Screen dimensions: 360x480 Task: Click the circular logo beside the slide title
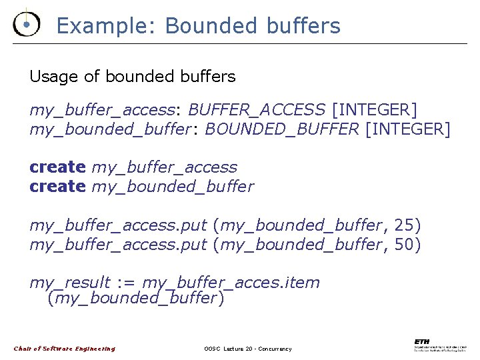pyautogui.click(x=26, y=24)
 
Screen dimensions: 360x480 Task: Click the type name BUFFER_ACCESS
pyautogui.click(x=257, y=109)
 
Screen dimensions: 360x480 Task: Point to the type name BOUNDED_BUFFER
pyautogui.click(x=282, y=129)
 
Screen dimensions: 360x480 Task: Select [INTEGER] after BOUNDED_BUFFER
pyautogui.click(x=408, y=129)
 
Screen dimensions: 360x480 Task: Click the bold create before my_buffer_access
pyautogui.click(x=57, y=167)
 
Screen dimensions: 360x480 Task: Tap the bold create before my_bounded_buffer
pyautogui.click(x=57, y=187)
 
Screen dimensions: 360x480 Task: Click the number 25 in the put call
pyautogui.click(x=403, y=225)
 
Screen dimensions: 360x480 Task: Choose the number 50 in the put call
pyautogui.click(x=403, y=245)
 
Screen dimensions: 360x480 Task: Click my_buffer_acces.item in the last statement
pyautogui.click(x=231, y=283)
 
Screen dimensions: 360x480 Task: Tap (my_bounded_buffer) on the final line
pyautogui.click(x=135, y=298)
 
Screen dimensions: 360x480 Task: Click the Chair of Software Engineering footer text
pyautogui.click(x=65, y=349)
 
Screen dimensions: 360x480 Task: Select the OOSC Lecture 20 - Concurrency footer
pyautogui.click(x=247, y=349)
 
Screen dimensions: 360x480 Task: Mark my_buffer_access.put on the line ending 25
pyautogui.click(x=118, y=225)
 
